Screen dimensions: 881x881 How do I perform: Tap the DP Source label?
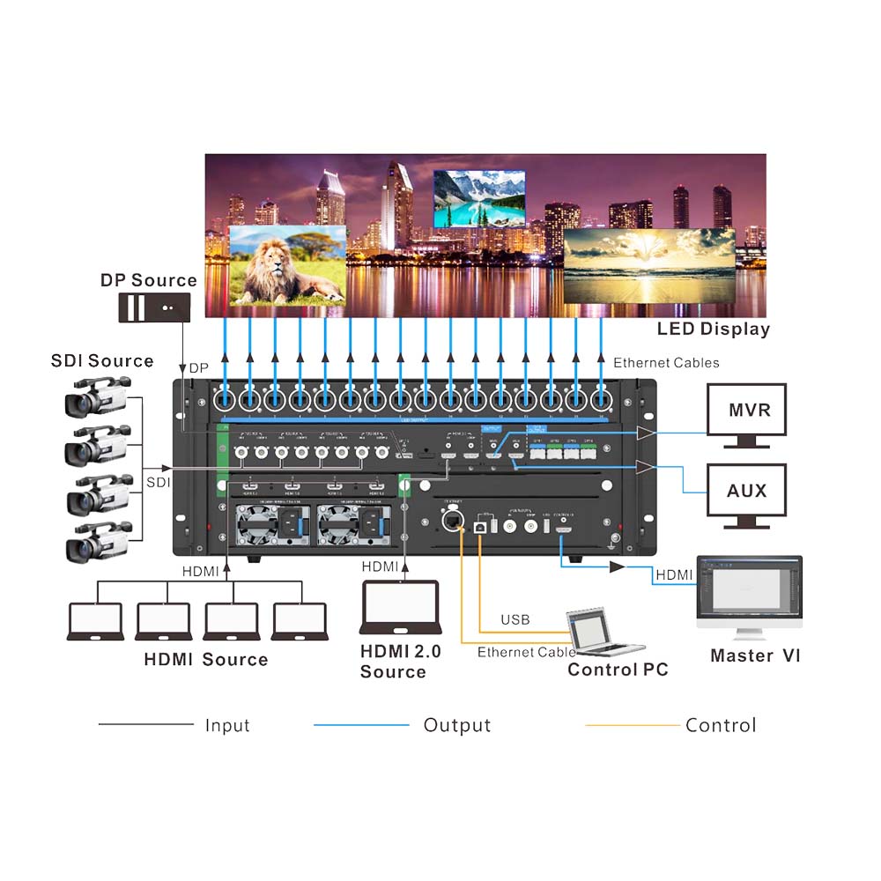(149, 280)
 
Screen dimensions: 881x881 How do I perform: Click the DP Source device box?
(155, 307)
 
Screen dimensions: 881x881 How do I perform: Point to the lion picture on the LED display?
(287, 264)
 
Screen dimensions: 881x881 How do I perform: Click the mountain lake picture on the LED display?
(479, 198)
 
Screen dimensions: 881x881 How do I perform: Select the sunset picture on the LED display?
(649, 265)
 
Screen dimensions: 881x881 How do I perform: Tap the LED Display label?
(713, 329)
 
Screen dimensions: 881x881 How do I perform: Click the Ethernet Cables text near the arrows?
(666, 363)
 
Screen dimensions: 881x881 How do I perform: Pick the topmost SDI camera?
(97, 396)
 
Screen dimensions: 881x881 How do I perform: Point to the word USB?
(515, 620)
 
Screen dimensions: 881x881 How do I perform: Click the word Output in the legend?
(456, 725)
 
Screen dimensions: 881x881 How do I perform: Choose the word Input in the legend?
(227, 725)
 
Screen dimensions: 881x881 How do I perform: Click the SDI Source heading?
(102, 361)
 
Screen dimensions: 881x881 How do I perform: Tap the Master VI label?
(755, 656)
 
